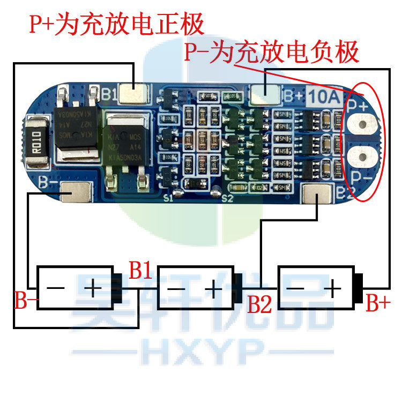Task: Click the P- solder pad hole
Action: [x=363, y=157]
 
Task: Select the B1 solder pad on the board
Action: [x=133, y=94]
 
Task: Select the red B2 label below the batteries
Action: [x=260, y=304]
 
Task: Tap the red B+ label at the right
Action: [x=378, y=303]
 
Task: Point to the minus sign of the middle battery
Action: [x=177, y=289]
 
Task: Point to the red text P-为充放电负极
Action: [x=271, y=53]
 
